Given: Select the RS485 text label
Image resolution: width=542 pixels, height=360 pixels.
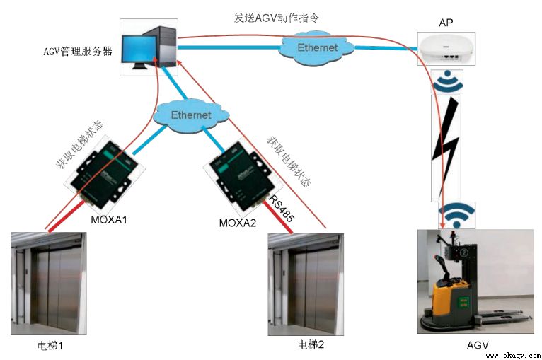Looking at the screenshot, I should click(x=281, y=210).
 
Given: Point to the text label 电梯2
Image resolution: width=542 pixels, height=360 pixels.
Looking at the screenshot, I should click(x=311, y=344).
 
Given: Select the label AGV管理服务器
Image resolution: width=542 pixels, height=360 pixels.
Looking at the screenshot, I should click(x=78, y=51).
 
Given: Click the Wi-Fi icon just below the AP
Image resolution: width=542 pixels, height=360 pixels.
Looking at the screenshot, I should click(x=447, y=83).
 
